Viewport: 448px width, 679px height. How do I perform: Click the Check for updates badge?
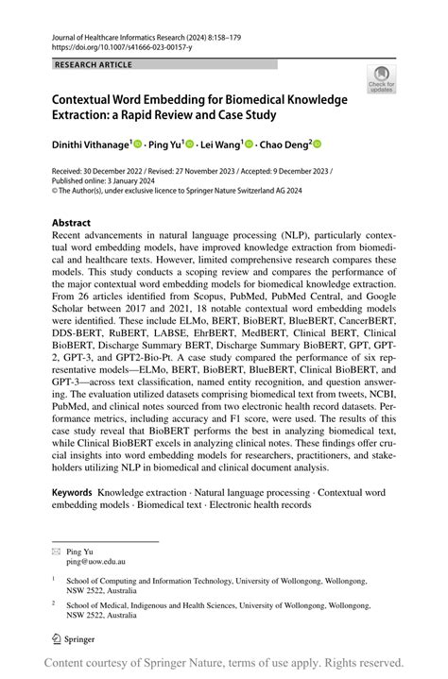(382, 80)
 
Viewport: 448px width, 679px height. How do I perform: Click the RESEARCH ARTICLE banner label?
(95, 64)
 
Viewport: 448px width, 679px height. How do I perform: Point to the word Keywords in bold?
(72, 493)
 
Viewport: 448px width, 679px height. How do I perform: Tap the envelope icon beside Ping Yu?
(56, 550)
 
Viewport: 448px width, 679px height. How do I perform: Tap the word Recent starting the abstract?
(73, 240)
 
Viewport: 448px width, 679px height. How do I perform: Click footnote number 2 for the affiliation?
(55, 602)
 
